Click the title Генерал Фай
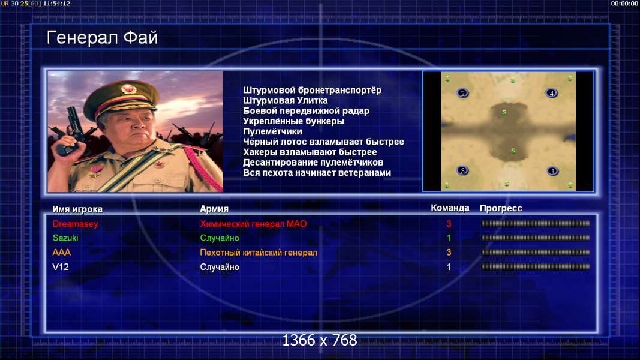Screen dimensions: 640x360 (102, 38)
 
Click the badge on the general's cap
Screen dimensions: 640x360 (128, 89)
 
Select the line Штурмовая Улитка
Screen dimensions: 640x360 (286, 100)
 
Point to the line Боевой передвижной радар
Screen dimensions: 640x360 (306, 110)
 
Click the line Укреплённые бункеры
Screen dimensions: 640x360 (293, 121)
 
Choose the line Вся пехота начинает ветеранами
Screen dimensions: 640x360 (317, 173)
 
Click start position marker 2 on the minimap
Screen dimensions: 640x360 (462, 93)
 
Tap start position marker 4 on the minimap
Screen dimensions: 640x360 (551, 93)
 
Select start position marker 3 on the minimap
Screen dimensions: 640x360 (462, 170)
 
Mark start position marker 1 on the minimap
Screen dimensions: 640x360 (552, 171)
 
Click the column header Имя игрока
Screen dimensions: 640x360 (77, 209)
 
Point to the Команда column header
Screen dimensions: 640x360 (450, 208)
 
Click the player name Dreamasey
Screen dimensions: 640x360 (76, 224)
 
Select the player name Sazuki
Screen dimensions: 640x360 (65, 238)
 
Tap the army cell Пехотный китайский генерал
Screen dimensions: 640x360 (259, 253)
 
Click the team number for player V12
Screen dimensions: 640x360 (449, 267)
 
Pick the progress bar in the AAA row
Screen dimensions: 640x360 (536, 252)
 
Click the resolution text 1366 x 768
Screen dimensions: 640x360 (320, 340)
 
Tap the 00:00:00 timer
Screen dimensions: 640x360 (624, 3)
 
